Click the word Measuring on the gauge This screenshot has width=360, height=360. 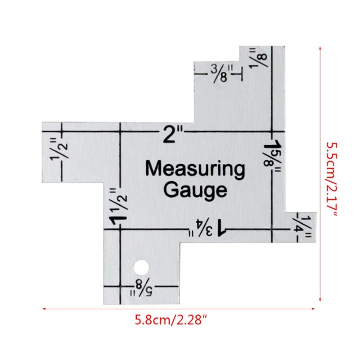tap(195, 170)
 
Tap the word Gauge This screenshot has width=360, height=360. tap(195, 190)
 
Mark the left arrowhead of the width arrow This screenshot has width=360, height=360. tap(44, 309)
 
